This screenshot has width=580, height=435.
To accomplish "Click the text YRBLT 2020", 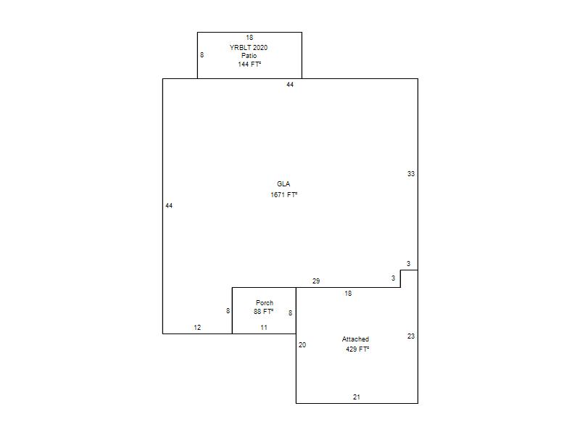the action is (249, 48).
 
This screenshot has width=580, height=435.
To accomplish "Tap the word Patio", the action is (249, 56).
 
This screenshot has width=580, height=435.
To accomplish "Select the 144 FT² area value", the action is (249, 65).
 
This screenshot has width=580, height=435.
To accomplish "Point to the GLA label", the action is (283, 184).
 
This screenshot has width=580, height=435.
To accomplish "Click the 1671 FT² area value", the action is (284, 194).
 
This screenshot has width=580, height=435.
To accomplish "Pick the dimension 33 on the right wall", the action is (411, 174).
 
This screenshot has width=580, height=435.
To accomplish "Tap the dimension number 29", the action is (316, 281).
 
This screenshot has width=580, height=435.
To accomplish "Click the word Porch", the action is (265, 303).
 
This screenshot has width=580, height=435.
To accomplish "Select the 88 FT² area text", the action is (263, 312).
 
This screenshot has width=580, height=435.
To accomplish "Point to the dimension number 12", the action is (197, 328).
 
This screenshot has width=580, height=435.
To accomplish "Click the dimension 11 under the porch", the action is (264, 328).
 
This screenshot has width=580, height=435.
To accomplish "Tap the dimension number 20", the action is (302, 345).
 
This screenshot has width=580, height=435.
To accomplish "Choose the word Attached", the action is (355, 339).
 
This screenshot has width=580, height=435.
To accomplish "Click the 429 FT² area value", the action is (357, 349).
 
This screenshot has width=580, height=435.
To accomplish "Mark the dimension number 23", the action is (411, 336).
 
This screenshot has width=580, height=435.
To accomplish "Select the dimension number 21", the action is (357, 397).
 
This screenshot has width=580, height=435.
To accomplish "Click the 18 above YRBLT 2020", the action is (249, 38).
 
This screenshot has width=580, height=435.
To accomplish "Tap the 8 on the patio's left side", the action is (202, 55).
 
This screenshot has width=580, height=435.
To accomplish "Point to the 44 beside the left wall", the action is (169, 206).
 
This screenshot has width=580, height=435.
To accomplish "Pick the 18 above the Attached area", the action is (348, 294).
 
